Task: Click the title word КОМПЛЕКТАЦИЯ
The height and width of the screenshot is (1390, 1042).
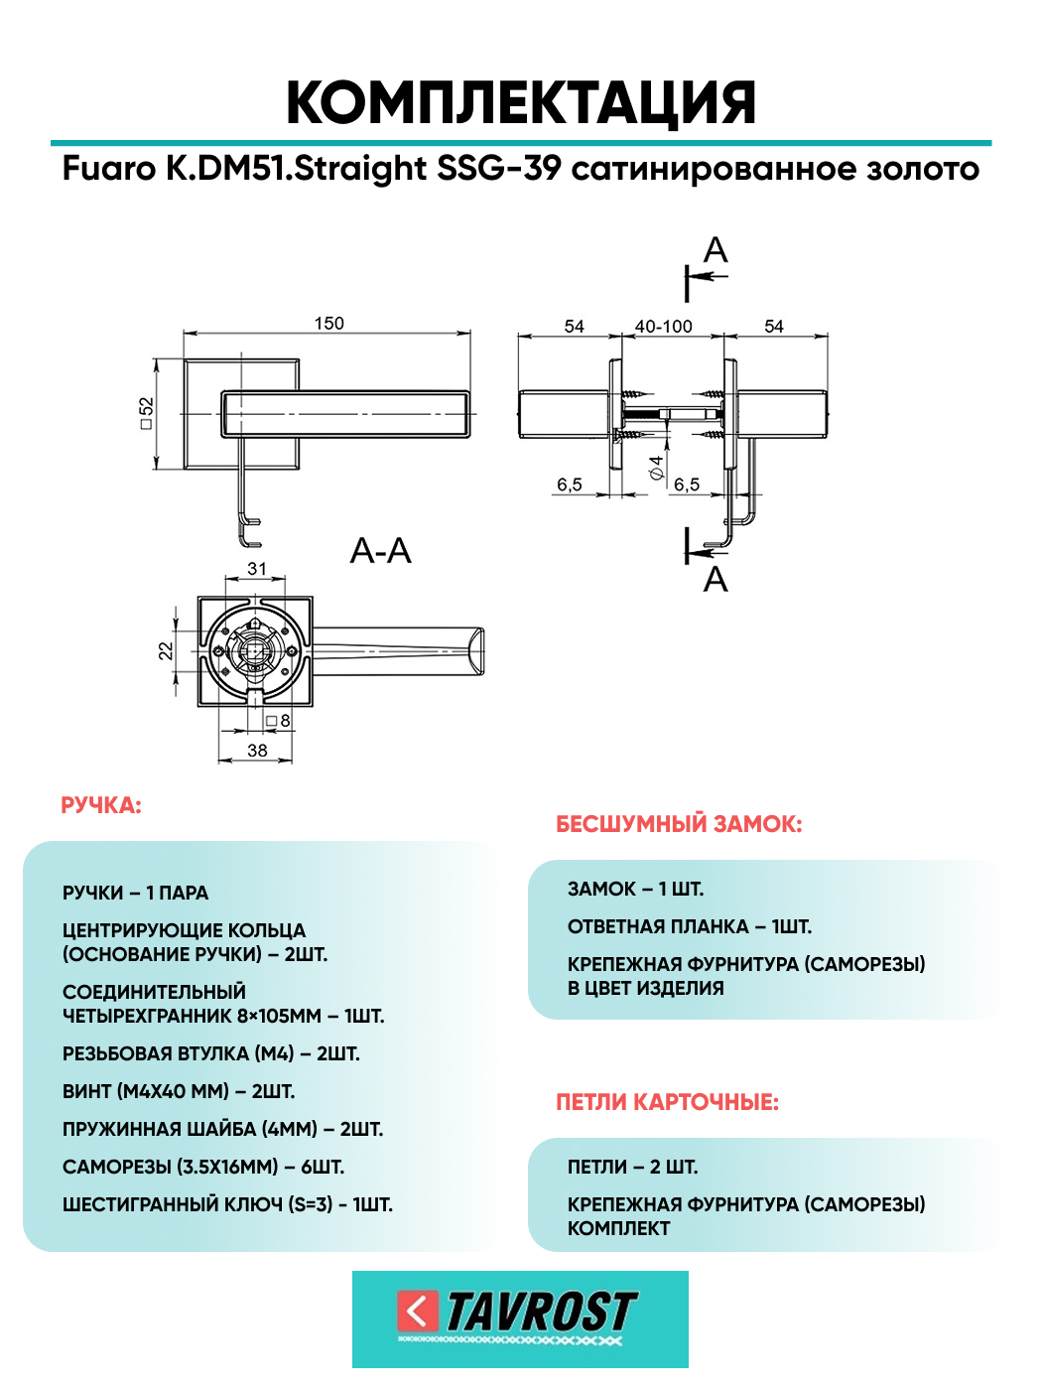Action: click(521, 103)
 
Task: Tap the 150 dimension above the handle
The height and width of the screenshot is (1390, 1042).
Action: click(328, 324)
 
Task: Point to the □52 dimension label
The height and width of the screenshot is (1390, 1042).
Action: click(147, 413)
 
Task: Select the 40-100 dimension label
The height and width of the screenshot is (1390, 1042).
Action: click(663, 327)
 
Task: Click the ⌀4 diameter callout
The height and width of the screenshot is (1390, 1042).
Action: click(656, 468)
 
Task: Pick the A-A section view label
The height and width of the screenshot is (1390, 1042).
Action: click(380, 551)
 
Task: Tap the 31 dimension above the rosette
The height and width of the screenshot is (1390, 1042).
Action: click(257, 569)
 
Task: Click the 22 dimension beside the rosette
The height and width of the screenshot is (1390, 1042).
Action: click(166, 650)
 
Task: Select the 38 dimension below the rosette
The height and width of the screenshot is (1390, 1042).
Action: click(257, 751)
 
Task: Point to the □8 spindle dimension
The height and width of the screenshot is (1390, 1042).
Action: click(279, 721)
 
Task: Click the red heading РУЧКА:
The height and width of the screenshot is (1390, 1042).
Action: click(101, 805)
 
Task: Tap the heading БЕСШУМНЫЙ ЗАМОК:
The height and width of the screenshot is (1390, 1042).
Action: click(679, 824)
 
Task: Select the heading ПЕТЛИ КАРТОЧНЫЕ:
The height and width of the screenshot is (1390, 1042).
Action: click(667, 1102)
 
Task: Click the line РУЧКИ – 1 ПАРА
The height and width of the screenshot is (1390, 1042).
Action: click(136, 893)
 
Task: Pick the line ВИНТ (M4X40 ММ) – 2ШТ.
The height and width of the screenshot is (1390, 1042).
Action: click(179, 1091)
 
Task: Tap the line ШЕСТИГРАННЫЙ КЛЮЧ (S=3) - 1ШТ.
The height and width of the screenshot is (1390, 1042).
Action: click(227, 1204)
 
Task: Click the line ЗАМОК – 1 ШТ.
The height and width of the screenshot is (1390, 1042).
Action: click(635, 889)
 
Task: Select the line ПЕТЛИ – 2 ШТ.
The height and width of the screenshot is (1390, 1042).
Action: click(632, 1167)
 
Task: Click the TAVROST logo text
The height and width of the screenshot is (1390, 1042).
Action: click(541, 1312)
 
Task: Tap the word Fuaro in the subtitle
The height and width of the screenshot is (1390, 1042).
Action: click(109, 169)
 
